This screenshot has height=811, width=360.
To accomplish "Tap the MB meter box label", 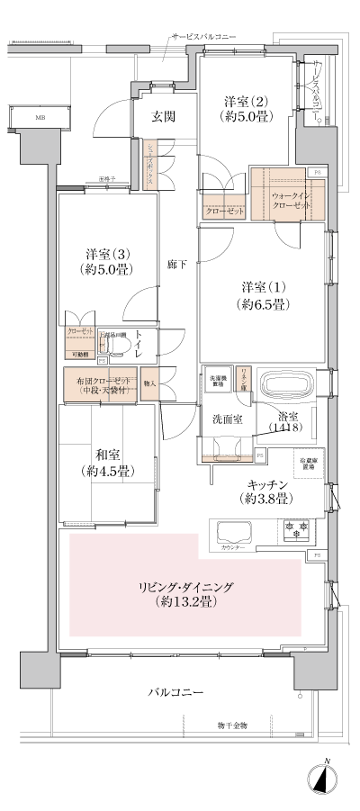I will pos(40,117).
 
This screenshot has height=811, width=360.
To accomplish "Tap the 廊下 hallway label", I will pos(177,266).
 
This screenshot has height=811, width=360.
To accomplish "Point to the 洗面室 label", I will pos(229,419).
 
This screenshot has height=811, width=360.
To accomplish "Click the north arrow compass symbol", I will pos(325,778).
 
